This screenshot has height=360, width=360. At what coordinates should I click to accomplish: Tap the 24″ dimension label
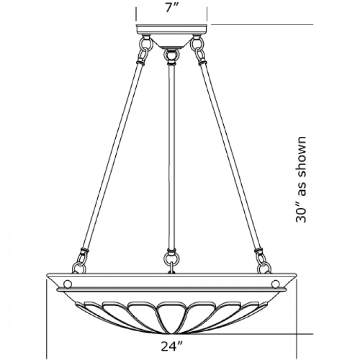coord(172,347)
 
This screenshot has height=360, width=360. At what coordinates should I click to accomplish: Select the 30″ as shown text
coord(301,179)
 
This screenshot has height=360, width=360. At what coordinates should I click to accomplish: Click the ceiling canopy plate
coord(172,29)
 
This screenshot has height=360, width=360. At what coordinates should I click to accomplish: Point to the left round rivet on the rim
coord(67,284)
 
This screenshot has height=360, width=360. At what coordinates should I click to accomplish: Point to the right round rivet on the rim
coord(275,284)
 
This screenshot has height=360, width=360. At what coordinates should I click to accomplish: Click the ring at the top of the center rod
coord(171,55)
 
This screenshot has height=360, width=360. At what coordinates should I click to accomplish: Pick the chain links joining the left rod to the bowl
coord(80,262)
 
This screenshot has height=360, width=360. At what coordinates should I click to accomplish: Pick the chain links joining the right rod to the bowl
coord(263,262)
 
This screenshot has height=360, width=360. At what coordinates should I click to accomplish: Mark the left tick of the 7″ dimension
coord(136,14)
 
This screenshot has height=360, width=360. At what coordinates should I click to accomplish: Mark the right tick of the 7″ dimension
coord(207,14)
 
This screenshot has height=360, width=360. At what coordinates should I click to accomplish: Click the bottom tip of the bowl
coord(172,334)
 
